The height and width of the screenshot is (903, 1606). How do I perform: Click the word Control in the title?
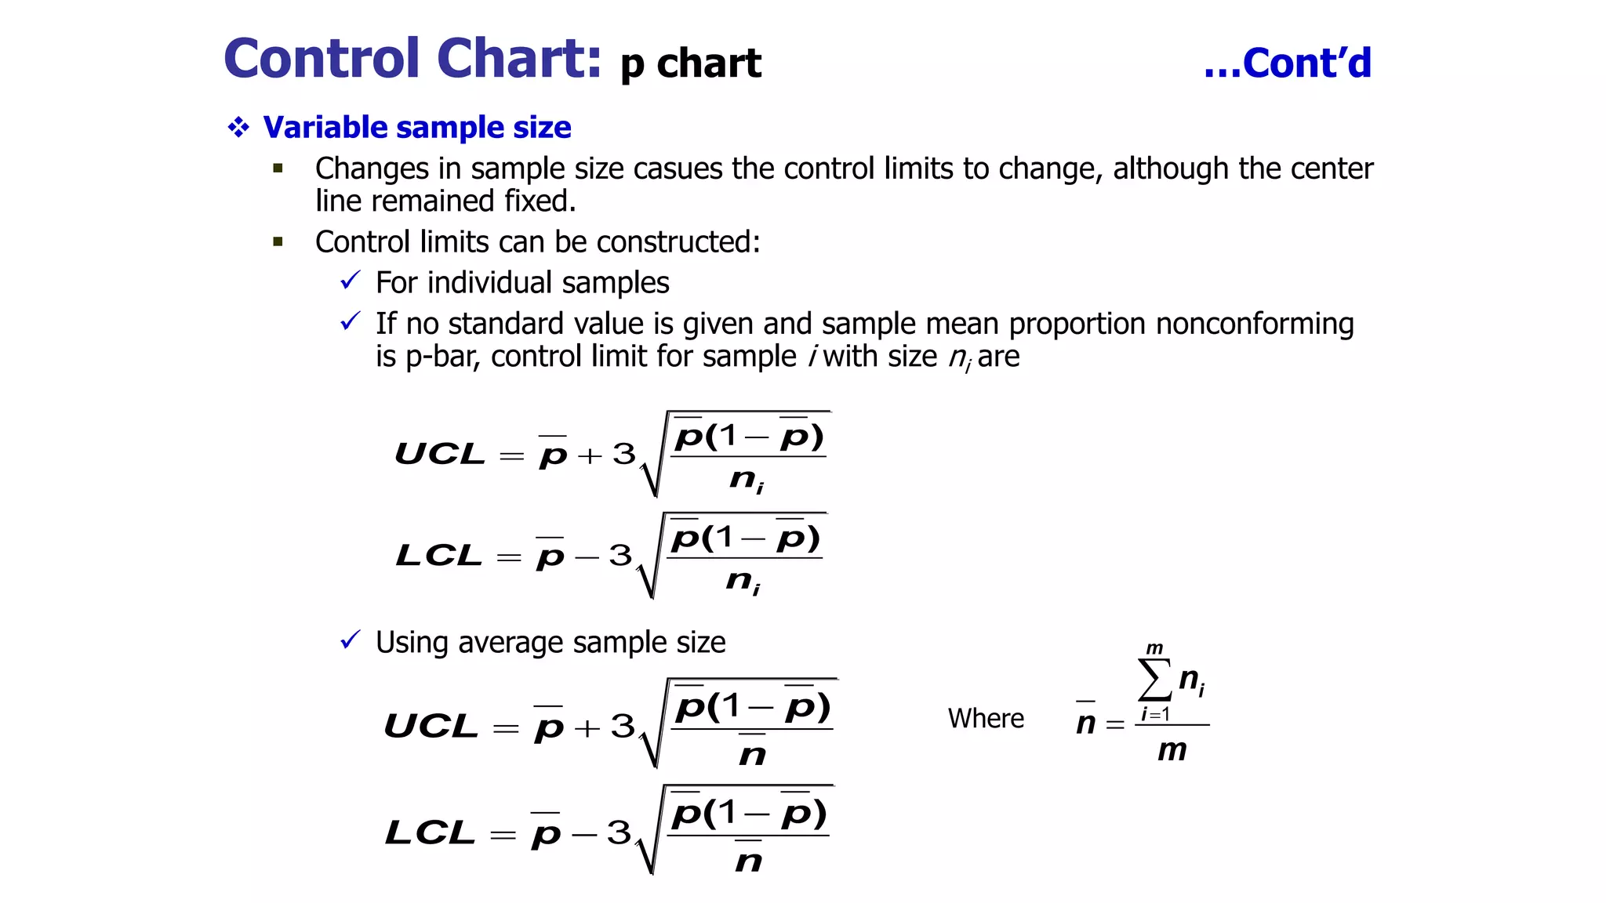click(x=322, y=59)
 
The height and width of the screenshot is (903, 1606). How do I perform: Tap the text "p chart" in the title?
click(x=691, y=63)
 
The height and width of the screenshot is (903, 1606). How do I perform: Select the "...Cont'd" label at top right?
click(x=1288, y=63)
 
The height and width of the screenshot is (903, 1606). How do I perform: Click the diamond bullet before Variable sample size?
click(x=238, y=127)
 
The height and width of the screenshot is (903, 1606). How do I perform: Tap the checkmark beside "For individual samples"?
click(x=350, y=281)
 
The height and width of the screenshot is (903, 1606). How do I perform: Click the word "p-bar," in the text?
click(x=442, y=357)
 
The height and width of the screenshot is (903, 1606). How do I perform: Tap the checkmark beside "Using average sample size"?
click(x=350, y=640)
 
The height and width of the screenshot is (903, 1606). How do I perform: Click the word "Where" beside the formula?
click(x=986, y=718)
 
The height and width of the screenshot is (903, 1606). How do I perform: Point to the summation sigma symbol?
click(x=1154, y=679)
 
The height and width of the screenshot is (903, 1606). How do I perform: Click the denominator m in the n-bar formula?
click(x=1172, y=750)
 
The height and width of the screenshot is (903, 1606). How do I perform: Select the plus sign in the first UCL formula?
click(x=589, y=455)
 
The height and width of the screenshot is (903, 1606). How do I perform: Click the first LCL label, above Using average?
click(x=438, y=556)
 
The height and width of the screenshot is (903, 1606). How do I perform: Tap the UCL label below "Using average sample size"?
click(x=431, y=726)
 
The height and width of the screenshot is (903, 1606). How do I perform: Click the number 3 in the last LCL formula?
click(x=619, y=832)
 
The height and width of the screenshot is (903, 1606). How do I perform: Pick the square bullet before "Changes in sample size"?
click(x=278, y=168)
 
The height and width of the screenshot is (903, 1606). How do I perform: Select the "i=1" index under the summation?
click(x=1155, y=714)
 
